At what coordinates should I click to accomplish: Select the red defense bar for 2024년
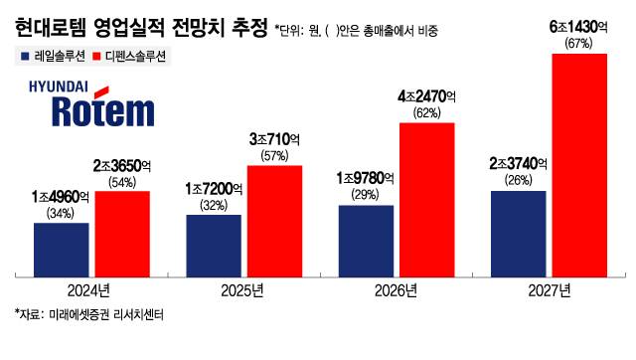(122, 232)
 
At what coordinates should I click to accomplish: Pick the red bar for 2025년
(274, 219)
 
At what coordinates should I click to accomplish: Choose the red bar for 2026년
(426, 198)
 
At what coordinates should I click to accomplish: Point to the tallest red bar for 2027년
(579, 163)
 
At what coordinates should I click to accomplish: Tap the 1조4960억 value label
(61, 197)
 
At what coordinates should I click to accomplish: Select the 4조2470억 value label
(426, 96)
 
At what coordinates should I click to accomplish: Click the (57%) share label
(274, 155)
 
